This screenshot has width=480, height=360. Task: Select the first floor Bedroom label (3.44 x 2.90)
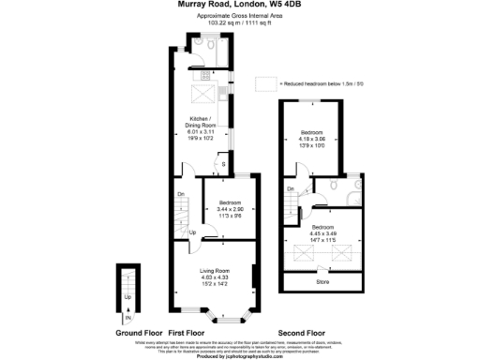pyautogui.click(x=230, y=203)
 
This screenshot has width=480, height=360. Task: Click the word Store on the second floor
pyautogui.click(x=322, y=280)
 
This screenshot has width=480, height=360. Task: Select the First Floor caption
pyautogui.click(x=186, y=333)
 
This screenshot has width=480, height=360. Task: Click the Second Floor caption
pyautogui.click(x=301, y=333)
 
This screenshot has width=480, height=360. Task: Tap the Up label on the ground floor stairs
pyautogui.click(x=127, y=298)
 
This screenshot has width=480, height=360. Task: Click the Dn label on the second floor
pyautogui.click(x=291, y=190)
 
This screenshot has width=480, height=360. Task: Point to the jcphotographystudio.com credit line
pyautogui.click(x=240, y=356)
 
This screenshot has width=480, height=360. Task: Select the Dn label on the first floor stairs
pyautogui.click(x=181, y=195)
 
